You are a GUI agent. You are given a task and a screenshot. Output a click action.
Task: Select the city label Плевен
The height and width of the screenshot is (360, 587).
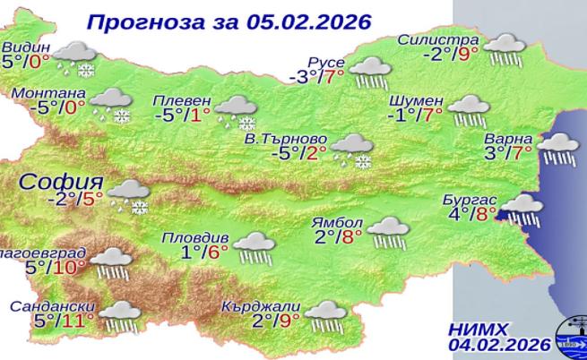182,100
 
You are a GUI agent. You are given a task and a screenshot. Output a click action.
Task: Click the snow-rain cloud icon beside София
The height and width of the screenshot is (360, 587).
130,196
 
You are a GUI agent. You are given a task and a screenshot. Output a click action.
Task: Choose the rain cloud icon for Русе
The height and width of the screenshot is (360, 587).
367,72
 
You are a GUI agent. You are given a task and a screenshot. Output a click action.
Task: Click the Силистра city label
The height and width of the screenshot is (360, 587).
439,41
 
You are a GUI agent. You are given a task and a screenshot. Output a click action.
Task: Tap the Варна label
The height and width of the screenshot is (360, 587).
509,139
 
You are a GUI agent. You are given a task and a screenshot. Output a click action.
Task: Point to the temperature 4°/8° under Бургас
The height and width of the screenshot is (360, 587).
472,214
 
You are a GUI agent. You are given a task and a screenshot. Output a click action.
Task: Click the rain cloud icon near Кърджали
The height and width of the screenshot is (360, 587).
325,314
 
